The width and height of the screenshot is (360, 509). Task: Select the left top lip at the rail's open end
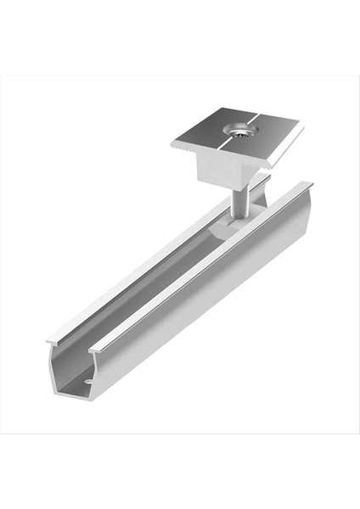[x=53, y=340]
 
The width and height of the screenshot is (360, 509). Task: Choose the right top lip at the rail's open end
[x=96, y=348]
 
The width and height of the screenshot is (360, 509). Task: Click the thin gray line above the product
[x=180, y=76]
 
